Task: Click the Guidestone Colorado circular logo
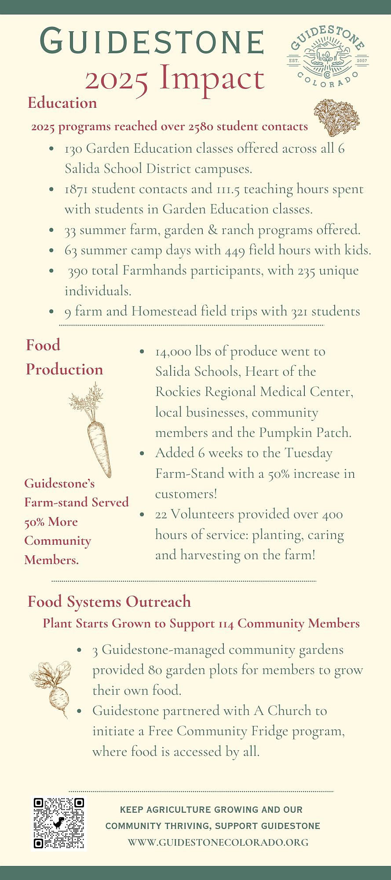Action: coord(328,56)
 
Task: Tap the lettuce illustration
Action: coord(336,117)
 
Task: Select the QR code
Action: coord(59,824)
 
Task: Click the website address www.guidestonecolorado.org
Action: coord(218,843)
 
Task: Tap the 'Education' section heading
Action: coord(62,103)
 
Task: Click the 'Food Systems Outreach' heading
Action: coord(109,601)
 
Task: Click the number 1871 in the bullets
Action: coord(76,189)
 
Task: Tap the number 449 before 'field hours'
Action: coord(235,250)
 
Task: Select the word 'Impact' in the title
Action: coord(212,78)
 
